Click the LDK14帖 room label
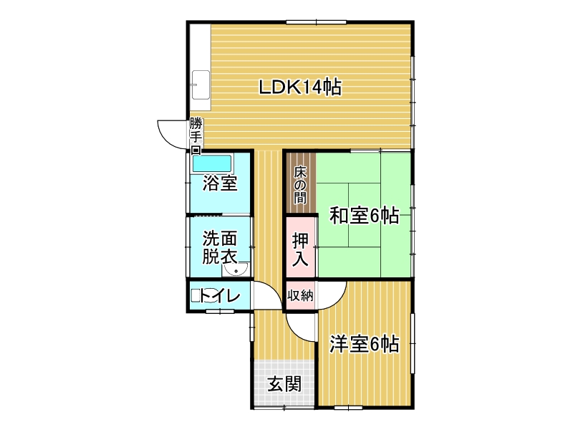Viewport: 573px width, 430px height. click(x=300, y=87)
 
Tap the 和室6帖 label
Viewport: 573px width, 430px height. click(x=364, y=216)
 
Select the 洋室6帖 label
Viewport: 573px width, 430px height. click(x=364, y=344)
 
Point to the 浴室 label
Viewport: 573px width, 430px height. click(x=220, y=183)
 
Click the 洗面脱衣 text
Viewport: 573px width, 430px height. click(x=220, y=247)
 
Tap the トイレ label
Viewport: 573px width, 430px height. click(x=220, y=295)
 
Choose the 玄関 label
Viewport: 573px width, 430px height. click(x=284, y=384)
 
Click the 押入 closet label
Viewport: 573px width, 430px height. click(x=300, y=249)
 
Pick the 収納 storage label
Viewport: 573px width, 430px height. click(x=300, y=295)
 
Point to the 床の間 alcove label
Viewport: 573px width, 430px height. click(x=300, y=185)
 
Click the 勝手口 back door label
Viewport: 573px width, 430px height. click(x=196, y=135)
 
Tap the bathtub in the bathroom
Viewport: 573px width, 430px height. click(x=212, y=164)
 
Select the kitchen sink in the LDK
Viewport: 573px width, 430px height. click(x=201, y=85)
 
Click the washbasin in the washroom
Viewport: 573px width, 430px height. click(x=236, y=269)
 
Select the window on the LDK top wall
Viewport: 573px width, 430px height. click(x=316, y=22)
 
